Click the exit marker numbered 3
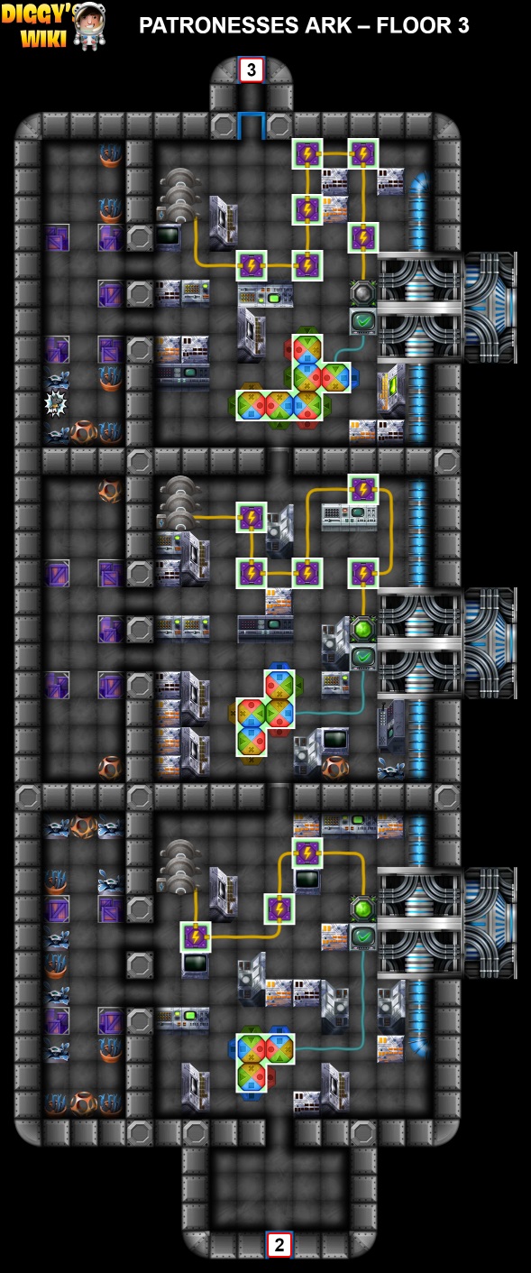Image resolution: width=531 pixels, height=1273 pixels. pyautogui.click(x=251, y=69)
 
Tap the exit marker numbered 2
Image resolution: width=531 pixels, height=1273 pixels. pyautogui.click(x=279, y=1245)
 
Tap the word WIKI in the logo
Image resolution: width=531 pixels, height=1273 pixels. pyautogui.click(x=43, y=38)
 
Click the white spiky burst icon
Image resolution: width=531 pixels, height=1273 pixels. pyautogui.click(x=56, y=403)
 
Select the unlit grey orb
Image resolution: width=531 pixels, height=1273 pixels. pyautogui.click(x=363, y=293)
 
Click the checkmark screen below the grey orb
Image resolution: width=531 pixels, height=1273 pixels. pyautogui.click(x=363, y=322)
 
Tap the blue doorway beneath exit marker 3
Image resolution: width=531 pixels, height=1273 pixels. pyautogui.click(x=251, y=125)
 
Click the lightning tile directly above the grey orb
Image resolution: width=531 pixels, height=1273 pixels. pyautogui.click(x=363, y=237)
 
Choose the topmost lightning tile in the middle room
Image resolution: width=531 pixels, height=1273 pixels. pyautogui.click(x=363, y=489)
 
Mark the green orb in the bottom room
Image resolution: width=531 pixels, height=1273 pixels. pyautogui.click(x=363, y=908)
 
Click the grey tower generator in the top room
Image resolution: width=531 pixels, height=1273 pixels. pyautogui.click(x=179, y=196)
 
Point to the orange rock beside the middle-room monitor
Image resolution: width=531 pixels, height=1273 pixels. pyautogui.click(x=335, y=768)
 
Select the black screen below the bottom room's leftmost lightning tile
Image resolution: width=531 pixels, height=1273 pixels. pyautogui.click(x=196, y=964)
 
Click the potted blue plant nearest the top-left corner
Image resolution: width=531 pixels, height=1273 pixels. pyautogui.click(x=110, y=155)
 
